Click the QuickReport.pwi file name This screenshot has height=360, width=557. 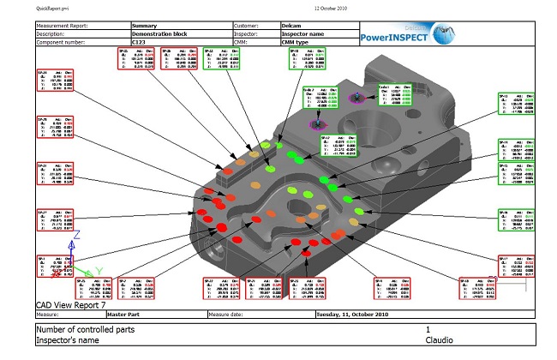coord(53,7)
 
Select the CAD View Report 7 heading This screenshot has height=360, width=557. coord(71,304)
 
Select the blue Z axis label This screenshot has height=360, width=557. coord(78,233)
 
